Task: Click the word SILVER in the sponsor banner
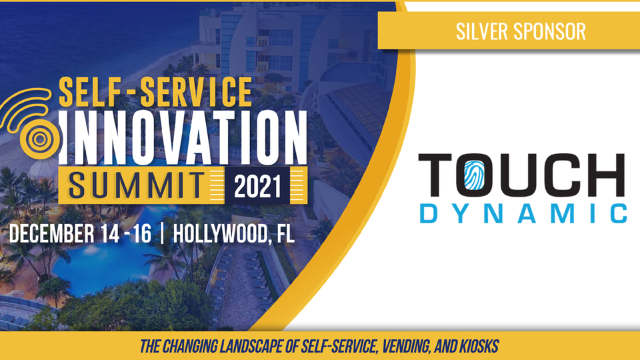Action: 481,31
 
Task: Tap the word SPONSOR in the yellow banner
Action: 550,31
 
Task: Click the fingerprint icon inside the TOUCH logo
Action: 474,175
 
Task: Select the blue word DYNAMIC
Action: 523,213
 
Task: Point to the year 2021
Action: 257,187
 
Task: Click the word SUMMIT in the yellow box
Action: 136,186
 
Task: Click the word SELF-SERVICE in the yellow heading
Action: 155,92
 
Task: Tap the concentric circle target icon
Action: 40,139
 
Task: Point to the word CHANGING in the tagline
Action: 189,347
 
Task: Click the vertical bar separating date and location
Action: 163,234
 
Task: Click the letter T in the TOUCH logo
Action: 435,175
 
